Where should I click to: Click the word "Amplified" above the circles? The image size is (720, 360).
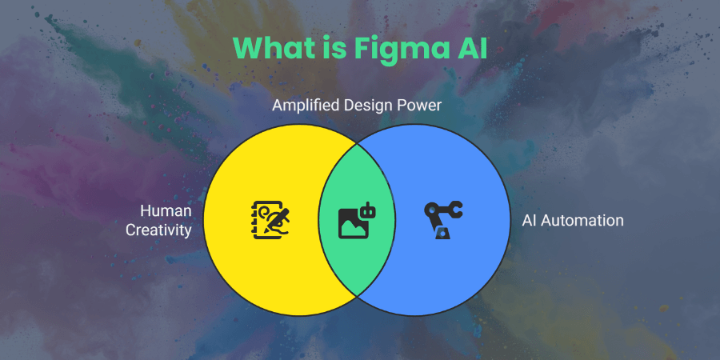pos(306,105)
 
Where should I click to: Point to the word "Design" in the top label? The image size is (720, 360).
pos(366,105)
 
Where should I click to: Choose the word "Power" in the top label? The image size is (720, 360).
pos(418,105)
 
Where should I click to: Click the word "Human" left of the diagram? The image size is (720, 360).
pos(166,210)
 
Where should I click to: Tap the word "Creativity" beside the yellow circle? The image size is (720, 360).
pos(158,230)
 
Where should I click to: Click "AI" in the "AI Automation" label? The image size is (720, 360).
pos(529,221)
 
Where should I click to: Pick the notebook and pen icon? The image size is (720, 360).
pos(271,220)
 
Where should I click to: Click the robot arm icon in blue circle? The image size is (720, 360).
pos(443,221)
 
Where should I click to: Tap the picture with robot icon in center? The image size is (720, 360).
pos(357,221)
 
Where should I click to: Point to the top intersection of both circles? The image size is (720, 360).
pos(357,143)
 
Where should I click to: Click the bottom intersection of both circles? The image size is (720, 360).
pos(357,297)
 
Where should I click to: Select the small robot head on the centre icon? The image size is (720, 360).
pos(368,210)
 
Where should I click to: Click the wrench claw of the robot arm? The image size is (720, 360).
pos(455,210)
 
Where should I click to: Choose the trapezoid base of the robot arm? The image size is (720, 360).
pos(442,233)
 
